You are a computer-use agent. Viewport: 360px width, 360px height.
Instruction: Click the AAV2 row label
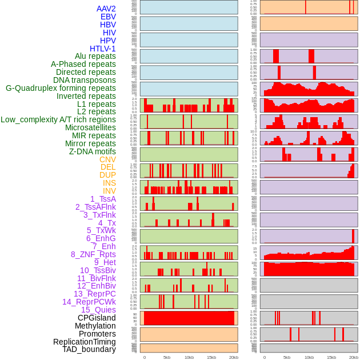106,9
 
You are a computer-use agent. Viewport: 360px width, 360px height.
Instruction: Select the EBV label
108,17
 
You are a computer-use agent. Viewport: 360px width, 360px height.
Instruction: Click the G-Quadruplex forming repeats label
61,88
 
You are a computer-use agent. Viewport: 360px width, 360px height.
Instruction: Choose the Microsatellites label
90,127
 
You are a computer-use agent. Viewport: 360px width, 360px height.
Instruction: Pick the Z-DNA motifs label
92,151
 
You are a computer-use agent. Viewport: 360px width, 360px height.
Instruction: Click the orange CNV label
107,159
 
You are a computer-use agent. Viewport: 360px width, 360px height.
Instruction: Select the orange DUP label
107,175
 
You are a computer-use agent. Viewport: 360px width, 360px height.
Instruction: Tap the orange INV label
109,191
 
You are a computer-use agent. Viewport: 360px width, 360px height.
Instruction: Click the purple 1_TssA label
103,199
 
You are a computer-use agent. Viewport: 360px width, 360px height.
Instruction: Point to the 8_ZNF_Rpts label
93,254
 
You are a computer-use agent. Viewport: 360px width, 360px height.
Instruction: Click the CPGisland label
97,318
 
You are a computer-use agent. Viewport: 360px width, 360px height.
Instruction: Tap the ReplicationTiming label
85,342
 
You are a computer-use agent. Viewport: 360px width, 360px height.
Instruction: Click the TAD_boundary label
89,349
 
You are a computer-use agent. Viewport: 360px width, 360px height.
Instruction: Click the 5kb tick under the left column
167,357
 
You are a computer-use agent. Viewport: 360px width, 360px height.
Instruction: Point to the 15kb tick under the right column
331,357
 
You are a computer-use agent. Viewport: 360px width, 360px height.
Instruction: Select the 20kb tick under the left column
233,357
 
